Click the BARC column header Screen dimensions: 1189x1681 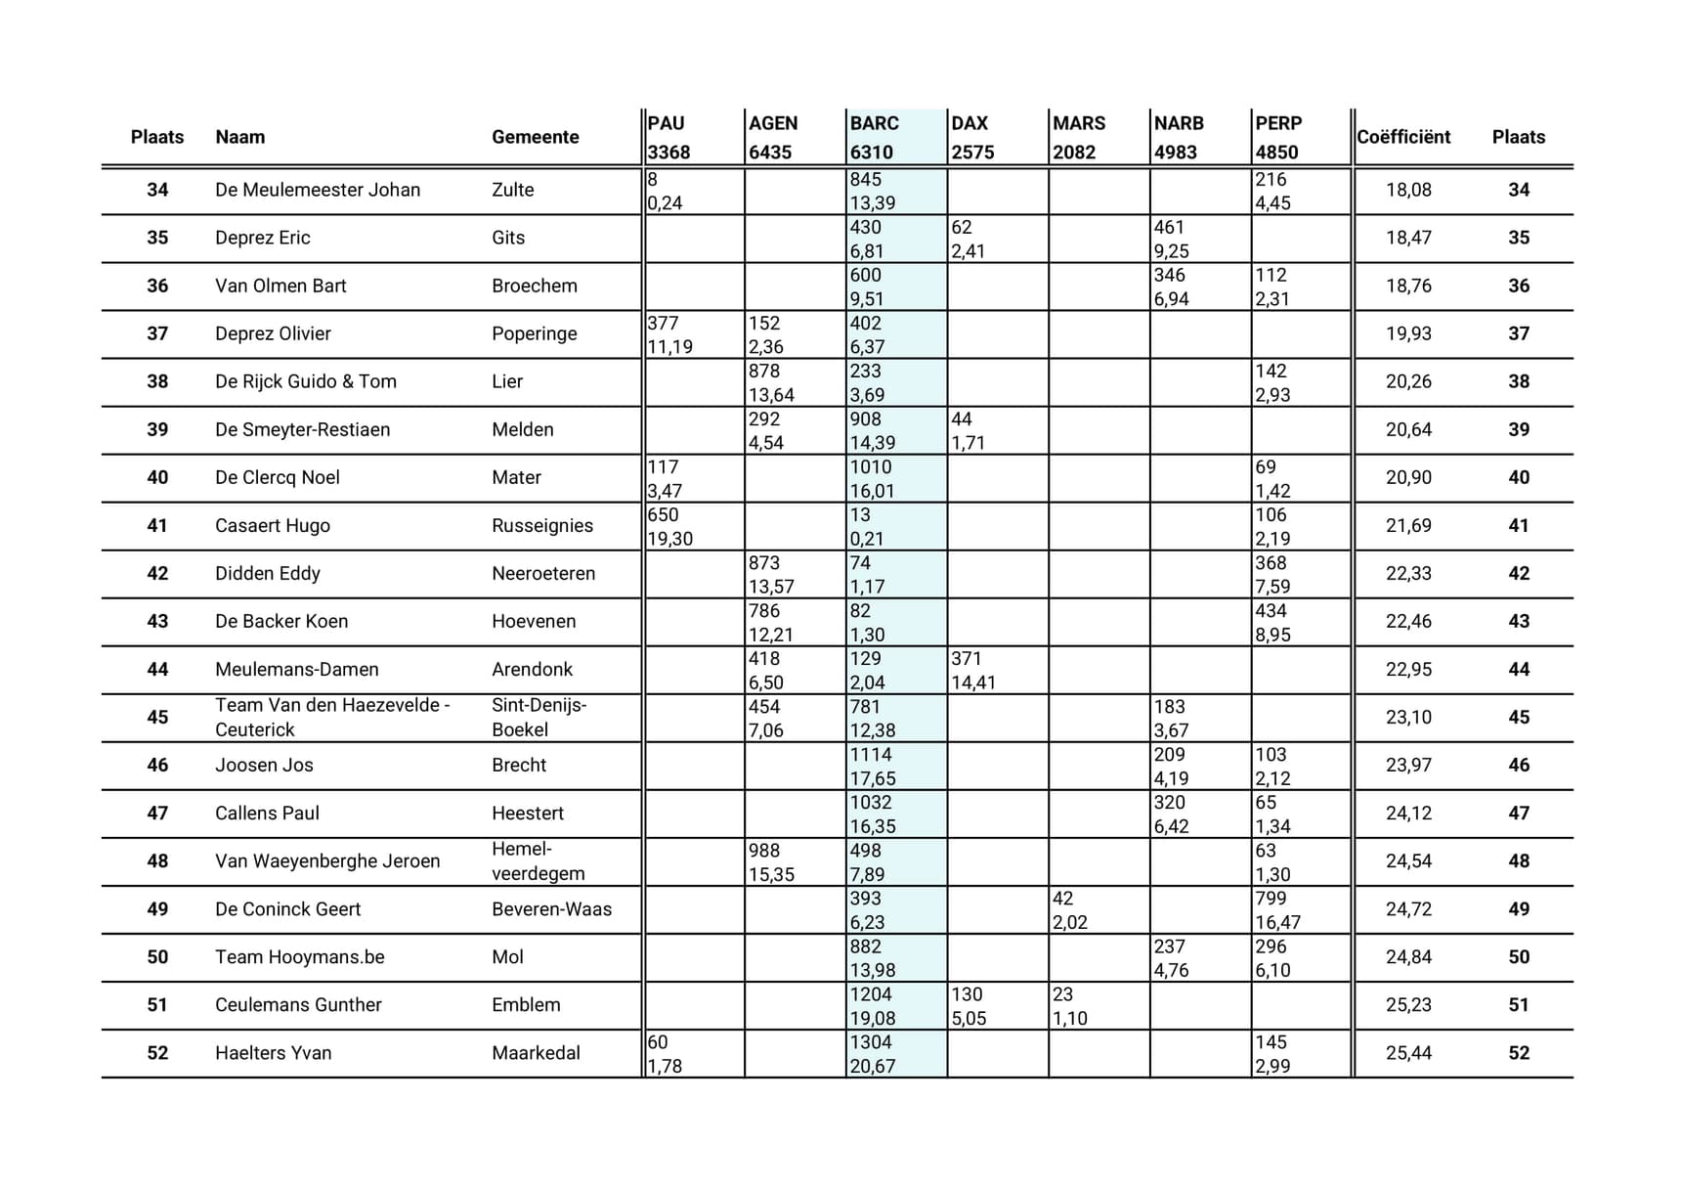click(x=874, y=123)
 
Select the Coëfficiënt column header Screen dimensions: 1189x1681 click(x=1402, y=137)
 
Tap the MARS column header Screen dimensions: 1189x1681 click(x=1078, y=123)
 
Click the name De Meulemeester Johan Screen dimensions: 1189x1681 click(x=318, y=190)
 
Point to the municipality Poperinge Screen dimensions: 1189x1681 click(x=534, y=333)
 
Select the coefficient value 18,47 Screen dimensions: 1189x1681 click(x=1408, y=238)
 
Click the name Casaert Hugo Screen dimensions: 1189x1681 click(x=273, y=525)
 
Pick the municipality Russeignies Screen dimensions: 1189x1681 click(x=542, y=525)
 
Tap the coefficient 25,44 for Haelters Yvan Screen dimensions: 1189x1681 click(x=1408, y=1053)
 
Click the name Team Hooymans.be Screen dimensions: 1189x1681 click(x=300, y=956)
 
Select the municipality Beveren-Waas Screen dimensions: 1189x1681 click(x=551, y=908)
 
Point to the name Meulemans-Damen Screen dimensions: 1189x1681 click(x=297, y=669)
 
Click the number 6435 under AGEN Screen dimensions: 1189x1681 click(x=770, y=153)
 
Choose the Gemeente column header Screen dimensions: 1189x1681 click(x=535, y=137)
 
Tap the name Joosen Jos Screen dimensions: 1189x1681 click(x=264, y=765)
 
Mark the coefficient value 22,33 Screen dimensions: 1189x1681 click(x=1408, y=573)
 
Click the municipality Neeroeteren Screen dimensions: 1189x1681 click(x=543, y=573)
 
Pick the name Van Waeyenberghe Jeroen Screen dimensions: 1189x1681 click(x=327, y=860)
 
